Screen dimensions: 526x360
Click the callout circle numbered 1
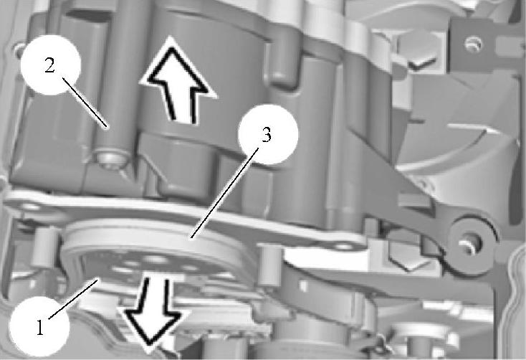pyautogui.click(x=39, y=326)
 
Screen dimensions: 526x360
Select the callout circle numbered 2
pyautogui.click(x=50, y=65)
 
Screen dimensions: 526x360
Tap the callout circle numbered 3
pyautogui.click(x=268, y=135)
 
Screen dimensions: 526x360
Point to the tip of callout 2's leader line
pyautogui.click(x=107, y=127)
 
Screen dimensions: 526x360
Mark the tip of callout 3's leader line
pyautogui.click(x=191, y=238)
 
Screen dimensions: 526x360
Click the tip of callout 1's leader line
pyautogui.click(x=98, y=278)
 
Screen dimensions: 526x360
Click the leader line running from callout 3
pyautogui.click(x=225, y=193)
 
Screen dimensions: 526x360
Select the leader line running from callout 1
pyautogui.click(x=74, y=298)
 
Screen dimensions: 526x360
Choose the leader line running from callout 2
pyautogui.click(x=85, y=102)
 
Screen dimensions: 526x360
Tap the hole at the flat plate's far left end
pyautogui.click(x=30, y=207)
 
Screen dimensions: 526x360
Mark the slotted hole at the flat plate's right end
pyautogui.click(x=343, y=247)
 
